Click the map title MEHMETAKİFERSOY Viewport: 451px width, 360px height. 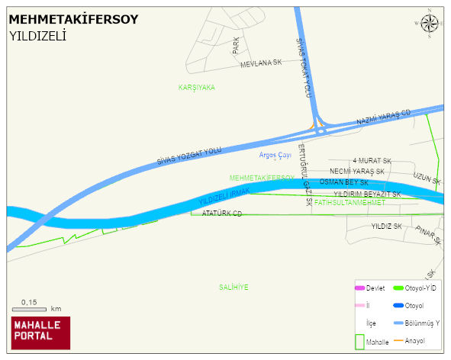click(73, 19)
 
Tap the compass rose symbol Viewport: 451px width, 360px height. click(430, 24)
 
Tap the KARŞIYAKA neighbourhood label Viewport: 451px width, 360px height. click(196, 88)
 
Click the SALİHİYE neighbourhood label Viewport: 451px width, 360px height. click(234, 287)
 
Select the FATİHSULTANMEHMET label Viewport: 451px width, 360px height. click(350, 203)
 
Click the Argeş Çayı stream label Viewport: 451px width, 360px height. click(275, 155)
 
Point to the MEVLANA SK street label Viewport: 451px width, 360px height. click(261, 64)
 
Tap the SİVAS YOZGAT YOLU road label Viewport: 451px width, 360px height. click(189, 156)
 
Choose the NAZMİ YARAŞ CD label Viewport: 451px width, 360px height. click(383, 118)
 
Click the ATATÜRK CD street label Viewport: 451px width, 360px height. click(221, 214)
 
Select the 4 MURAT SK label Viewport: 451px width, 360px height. click(372, 161)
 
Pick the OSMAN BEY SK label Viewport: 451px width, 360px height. click(343, 183)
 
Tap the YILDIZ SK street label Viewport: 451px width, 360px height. click(386, 227)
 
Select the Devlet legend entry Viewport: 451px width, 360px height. click(369, 288)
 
